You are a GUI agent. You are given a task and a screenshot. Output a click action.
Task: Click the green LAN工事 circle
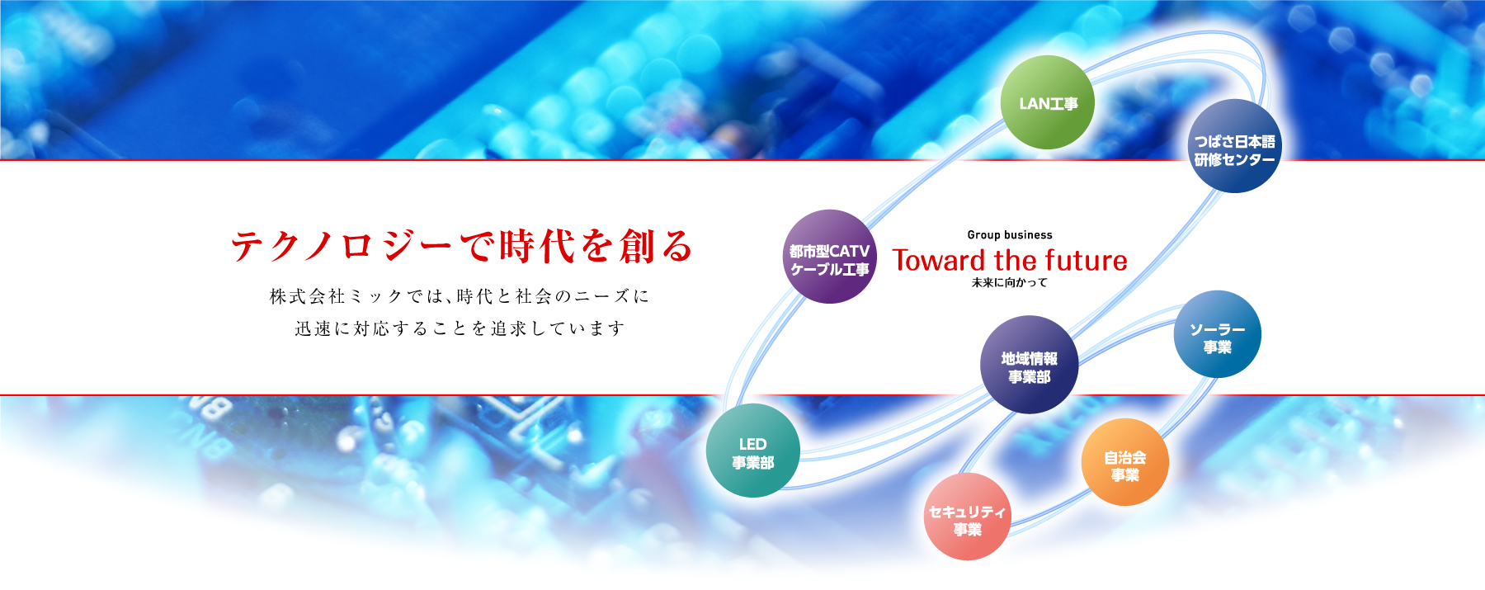coord(1048,102)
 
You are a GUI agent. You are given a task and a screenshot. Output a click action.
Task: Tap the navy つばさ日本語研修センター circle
coord(1234,146)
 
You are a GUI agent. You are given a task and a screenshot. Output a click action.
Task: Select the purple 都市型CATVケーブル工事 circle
coord(829,257)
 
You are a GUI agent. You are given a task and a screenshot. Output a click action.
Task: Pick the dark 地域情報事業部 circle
coord(1029,365)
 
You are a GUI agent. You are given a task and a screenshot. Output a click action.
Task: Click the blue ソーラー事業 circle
coord(1217,334)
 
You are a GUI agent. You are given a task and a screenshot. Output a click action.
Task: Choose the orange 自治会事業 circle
coord(1124,462)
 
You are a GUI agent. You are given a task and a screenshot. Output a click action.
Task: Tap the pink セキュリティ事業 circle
coord(967,517)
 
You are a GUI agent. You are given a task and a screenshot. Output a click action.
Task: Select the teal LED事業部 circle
coord(752,451)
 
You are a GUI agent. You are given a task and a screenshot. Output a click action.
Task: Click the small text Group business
coord(1010,235)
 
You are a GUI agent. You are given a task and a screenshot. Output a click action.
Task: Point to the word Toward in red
coord(940,261)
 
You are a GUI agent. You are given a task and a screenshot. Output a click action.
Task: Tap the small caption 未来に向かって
coord(1010,282)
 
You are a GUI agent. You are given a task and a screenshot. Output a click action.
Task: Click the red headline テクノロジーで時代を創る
coord(462,246)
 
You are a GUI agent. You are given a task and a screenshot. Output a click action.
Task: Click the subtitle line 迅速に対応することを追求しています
coord(460,328)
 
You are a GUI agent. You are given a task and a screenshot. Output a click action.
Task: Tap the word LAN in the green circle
coord(1034,104)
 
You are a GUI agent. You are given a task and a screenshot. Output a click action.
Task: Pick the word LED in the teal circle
coord(752,444)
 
